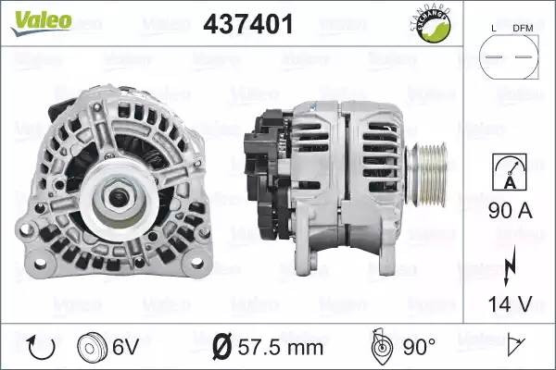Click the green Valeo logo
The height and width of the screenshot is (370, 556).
pos(42,22)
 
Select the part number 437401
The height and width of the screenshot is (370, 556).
pos(248,24)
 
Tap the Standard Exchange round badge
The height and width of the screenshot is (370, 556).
pos(432,24)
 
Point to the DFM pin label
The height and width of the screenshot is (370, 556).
pos(523,29)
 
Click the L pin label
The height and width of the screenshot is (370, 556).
pos(494,29)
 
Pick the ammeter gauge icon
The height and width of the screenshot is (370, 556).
pos(509,172)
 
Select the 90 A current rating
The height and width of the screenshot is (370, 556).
pos(511,211)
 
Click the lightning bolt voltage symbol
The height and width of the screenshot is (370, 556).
pos(510,265)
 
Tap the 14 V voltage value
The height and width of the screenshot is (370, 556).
pos(511,303)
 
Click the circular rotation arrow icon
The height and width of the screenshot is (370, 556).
pos(41,348)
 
